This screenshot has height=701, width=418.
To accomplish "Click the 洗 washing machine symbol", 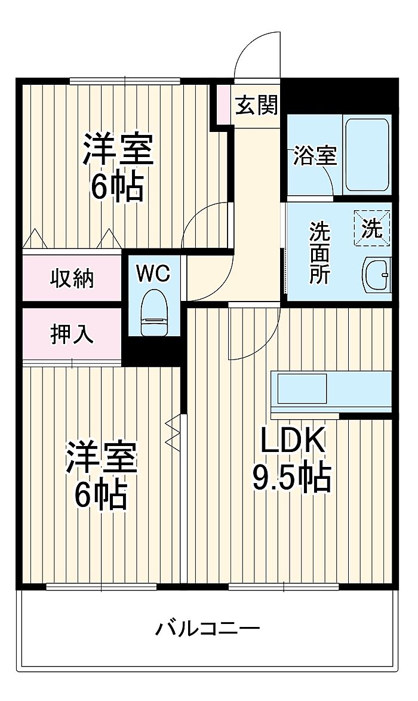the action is tap(373, 229).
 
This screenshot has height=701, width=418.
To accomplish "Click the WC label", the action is tap(153, 273).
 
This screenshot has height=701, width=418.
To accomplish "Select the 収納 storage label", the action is tap(72, 278).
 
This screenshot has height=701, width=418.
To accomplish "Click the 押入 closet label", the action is tap(72, 334).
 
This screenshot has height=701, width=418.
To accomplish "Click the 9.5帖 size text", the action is tap(291, 478).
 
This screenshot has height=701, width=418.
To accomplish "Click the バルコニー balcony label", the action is tap(208, 628).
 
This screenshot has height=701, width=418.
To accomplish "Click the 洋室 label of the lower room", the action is tap(102, 457).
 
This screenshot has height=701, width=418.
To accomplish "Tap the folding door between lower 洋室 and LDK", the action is tap(173, 432).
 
